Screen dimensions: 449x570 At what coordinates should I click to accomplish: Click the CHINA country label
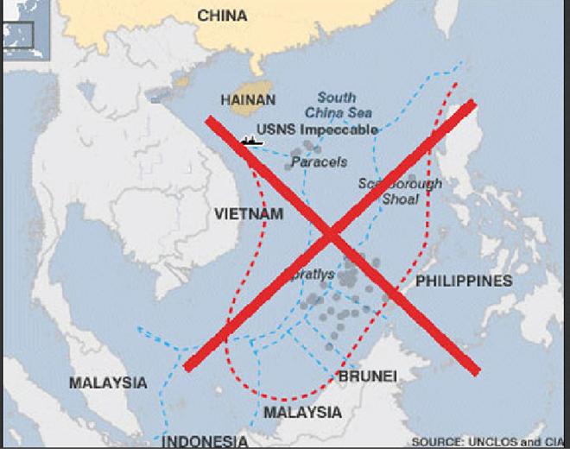coord(222,16)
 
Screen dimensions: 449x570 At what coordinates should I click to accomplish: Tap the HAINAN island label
coord(248,100)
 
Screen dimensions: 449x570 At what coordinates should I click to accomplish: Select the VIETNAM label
coord(248,213)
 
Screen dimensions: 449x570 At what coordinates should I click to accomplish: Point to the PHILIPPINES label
coord(464,281)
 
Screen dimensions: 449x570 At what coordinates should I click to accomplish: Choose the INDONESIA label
coord(206,440)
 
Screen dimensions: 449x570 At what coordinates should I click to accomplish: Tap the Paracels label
coord(319,161)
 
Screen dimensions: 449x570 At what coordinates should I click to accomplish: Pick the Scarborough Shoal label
coord(400,191)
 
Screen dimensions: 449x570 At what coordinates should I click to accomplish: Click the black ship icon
coord(252,141)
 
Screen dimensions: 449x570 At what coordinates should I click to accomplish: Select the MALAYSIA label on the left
coord(108,383)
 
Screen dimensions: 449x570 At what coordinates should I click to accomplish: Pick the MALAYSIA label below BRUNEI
coord(302,413)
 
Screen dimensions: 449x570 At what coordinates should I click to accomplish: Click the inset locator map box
coord(16,35)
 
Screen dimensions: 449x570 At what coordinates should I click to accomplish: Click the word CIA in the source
coord(554,441)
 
